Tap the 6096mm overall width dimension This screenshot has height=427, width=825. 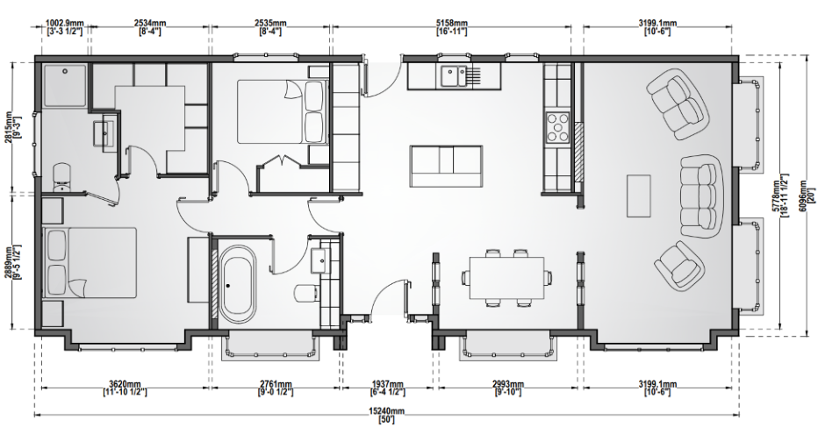(x=808, y=196)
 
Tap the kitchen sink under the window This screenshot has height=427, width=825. (x=454, y=75)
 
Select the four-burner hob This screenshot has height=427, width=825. (x=557, y=127)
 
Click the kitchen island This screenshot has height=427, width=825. (x=446, y=167)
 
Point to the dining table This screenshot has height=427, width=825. (x=506, y=277)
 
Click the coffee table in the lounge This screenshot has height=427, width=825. (x=639, y=196)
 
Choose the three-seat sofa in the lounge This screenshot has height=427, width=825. (x=700, y=196)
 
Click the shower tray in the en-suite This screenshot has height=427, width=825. (x=64, y=85)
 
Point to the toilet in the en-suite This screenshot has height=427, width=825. (x=62, y=177)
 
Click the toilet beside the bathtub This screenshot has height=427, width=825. (x=307, y=293)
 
